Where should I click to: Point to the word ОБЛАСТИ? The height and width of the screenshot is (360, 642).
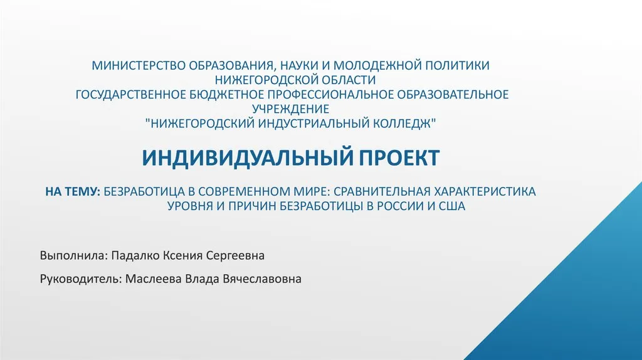click(x=349, y=80)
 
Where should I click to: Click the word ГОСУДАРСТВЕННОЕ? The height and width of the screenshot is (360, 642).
click(x=131, y=95)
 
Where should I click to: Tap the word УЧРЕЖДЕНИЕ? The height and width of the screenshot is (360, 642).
click(x=290, y=109)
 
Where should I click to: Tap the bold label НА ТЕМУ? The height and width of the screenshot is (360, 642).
click(x=73, y=191)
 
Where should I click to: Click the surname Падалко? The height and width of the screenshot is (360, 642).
click(x=135, y=255)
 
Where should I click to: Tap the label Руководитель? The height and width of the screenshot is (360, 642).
click(x=81, y=279)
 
